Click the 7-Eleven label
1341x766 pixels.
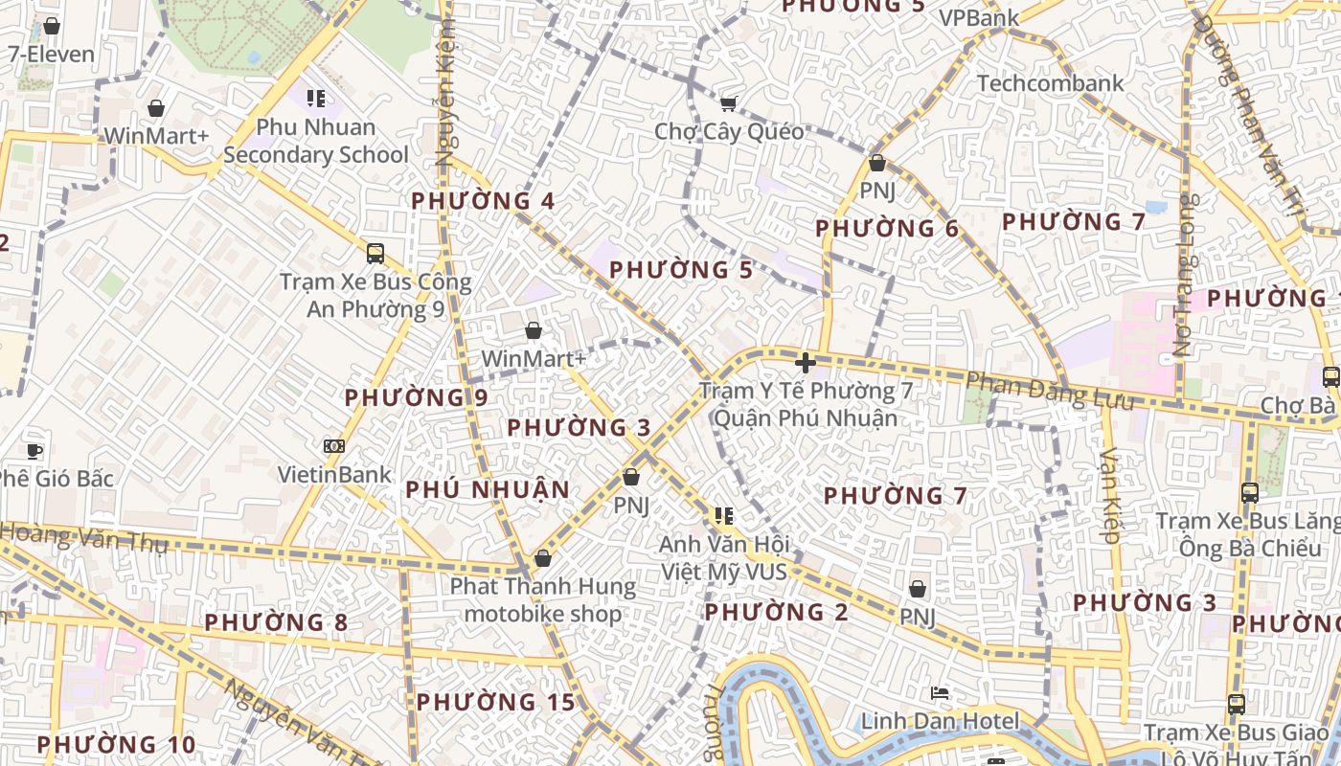click(x=52, y=55)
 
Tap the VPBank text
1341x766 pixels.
click(x=979, y=18)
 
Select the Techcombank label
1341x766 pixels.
click(x=1050, y=83)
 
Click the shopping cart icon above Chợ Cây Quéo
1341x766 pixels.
click(x=729, y=103)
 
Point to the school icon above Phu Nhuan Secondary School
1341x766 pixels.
click(x=316, y=98)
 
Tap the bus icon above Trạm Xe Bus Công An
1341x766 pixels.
click(x=375, y=254)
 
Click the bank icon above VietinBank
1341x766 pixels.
click(x=334, y=446)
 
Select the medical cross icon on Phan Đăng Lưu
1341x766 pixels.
click(x=806, y=363)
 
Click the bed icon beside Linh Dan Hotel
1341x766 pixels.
click(x=940, y=692)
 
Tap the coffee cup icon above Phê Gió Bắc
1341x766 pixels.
click(x=34, y=450)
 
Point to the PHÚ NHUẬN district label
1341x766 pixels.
click(x=488, y=490)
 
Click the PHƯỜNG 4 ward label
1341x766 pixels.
click(x=483, y=201)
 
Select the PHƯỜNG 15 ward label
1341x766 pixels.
click(x=495, y=702)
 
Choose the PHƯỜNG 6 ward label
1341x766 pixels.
click(x=887, y=229)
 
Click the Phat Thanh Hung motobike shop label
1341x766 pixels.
click(x=543, y=599)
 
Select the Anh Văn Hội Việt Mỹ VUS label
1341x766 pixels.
click(x=724, y=558)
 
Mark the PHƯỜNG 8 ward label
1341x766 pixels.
click(x=276, y=622)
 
